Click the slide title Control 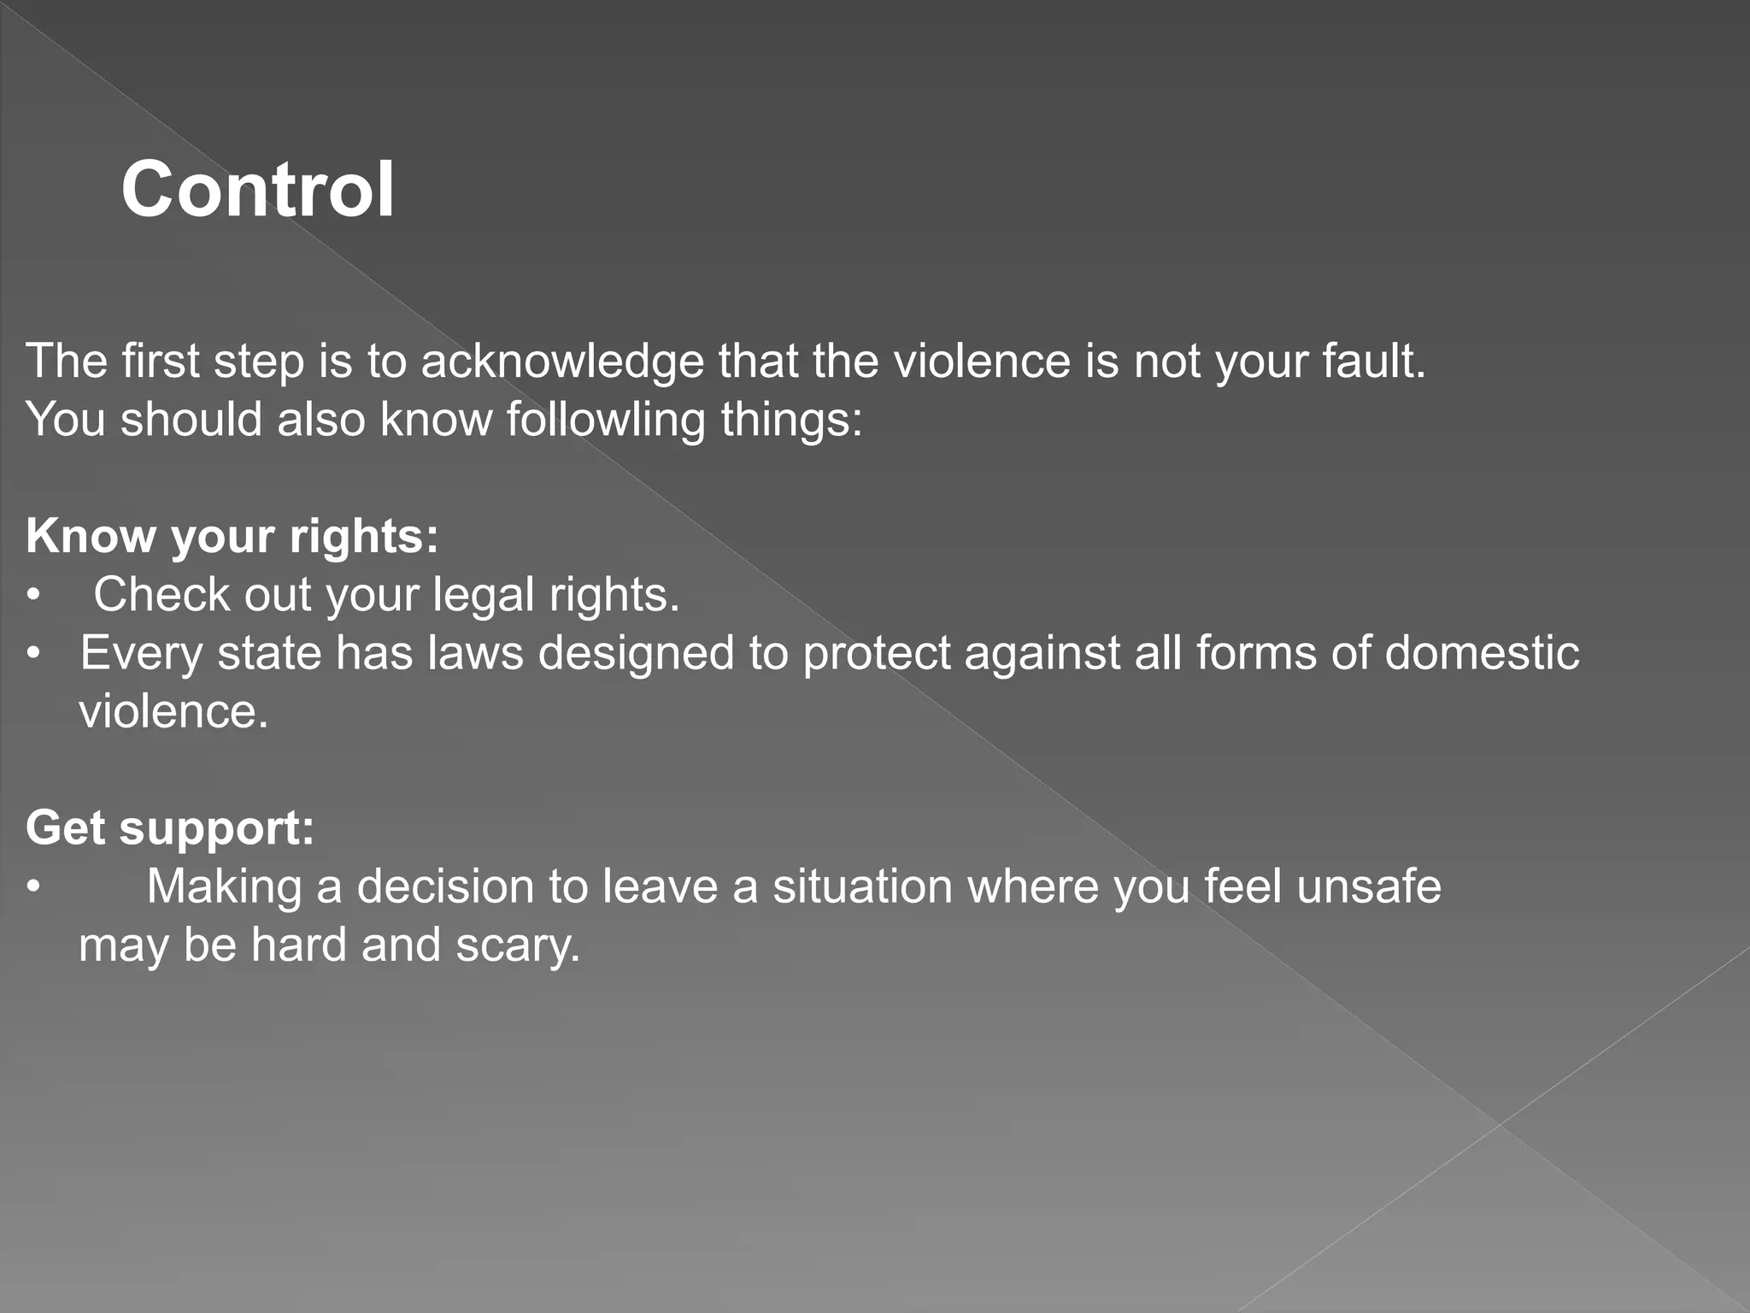258,189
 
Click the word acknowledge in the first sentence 562,362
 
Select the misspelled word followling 605,421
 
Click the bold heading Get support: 170,828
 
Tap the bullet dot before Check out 33,595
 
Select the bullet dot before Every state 33,654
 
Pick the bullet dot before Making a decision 33,887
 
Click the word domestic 1482,654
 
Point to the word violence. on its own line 173,712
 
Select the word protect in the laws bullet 875,654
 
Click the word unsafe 1368,887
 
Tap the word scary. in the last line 518,945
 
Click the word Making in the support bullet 224,887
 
